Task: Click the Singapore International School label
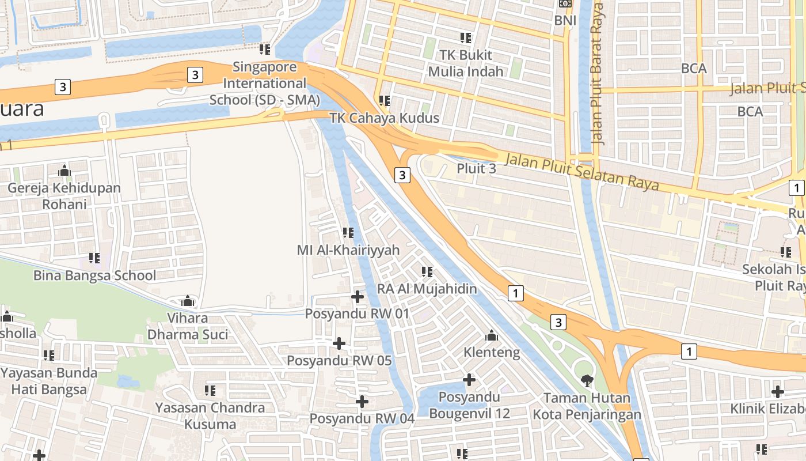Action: [264, 84]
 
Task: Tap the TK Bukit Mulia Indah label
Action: [465, 63]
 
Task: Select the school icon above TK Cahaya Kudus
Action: [385, 101]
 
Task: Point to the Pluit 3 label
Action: [476, 169]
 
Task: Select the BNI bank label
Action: [565, 20]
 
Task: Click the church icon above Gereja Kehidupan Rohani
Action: [64, 171]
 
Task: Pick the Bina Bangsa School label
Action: [94, 275]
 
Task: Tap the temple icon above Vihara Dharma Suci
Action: [188, 301]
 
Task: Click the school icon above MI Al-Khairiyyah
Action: [348, 233]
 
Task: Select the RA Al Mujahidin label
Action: [427, 288]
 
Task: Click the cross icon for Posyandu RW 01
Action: [358, 297]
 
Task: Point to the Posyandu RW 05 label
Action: [339, 361]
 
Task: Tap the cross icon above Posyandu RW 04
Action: [362, 401]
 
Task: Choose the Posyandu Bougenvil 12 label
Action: [469, 405]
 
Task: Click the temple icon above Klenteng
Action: [492, 335]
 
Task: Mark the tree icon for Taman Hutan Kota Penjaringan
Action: [587, 380]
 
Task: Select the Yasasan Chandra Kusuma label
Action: [210, 415]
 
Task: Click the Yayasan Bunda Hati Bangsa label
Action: [49, 381]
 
